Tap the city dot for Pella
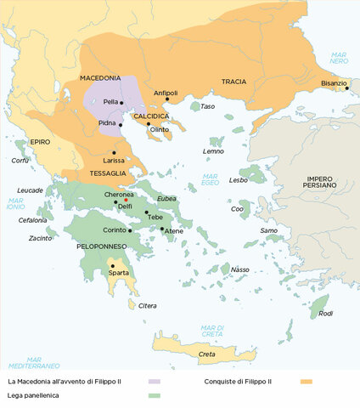click(122, 103)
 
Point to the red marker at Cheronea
click(126, 200)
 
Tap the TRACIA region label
click(233, 82)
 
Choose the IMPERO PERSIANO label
click(321, 181)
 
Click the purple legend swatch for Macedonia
click(154, 382)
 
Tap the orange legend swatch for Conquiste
click(306, 382)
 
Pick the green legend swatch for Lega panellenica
click(154, 396)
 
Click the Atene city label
click(173, 231)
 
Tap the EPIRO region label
click(41, 144)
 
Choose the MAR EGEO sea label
click(210, 179)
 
